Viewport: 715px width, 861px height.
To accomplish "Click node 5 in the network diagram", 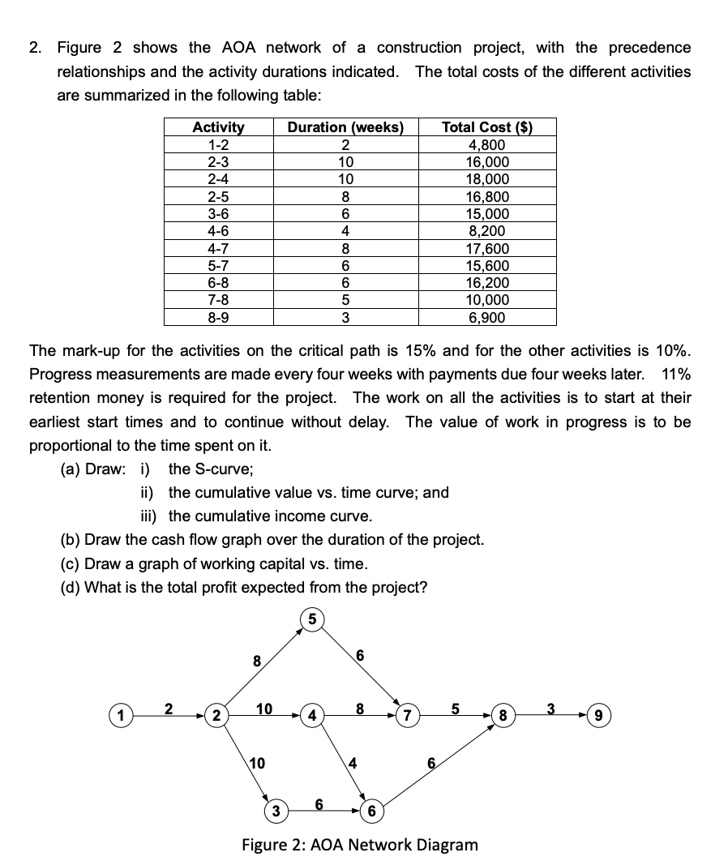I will point(311,621).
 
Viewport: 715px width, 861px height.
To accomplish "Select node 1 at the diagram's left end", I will point(120,717).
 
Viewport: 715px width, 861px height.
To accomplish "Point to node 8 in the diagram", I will point(505,717).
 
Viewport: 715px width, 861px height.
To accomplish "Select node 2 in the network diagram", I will point(216,717).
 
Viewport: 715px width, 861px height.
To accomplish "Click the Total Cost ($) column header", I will point(487,127).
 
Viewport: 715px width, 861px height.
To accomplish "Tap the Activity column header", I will point(218,127).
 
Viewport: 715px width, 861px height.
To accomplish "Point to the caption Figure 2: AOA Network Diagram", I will point(360,844).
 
